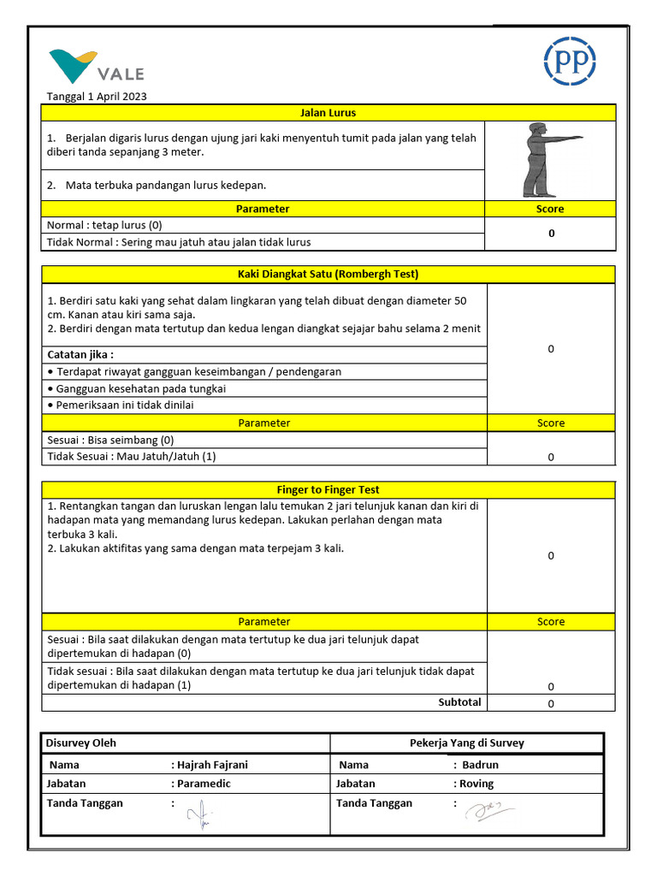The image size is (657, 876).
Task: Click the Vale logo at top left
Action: click(96, 67)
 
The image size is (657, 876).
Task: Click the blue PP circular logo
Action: click(570, 61)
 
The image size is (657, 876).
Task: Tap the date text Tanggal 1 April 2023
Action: click(97, 97)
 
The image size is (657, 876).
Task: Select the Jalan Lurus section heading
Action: click(328, 113)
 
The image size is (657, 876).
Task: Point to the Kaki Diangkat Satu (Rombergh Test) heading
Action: click(328, 275)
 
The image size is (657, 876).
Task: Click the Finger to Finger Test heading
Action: click(328, 490)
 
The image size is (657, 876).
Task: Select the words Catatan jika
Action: click(80, 354)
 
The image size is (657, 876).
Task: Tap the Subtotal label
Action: click(459, 702)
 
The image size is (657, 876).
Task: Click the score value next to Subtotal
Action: click(551, 703)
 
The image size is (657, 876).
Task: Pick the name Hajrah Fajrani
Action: click(212, 765)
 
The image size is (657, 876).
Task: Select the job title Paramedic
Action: click(204, 784)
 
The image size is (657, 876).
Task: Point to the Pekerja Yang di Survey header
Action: click(467, 743)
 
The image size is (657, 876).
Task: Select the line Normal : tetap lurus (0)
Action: click(104, 226)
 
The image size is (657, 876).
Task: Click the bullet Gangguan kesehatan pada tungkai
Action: click(137, 388)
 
